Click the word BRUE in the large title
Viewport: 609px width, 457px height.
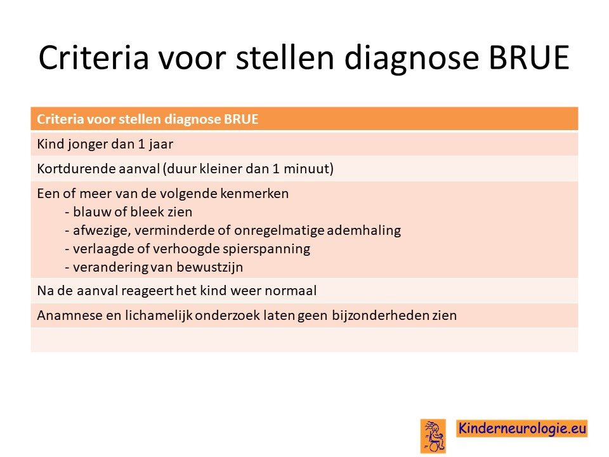(x=528, y=58)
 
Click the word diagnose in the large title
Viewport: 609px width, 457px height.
(x=412, y=59)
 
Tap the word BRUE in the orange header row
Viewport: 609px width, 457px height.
(x=241, y=119)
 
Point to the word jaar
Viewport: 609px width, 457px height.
(x=160, y=145)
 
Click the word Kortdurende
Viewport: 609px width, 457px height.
(x=70, y=169)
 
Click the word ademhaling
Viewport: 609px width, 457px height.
(x=364, y=230)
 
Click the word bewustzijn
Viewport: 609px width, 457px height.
(x=210, y=268)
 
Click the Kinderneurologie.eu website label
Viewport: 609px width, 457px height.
(x=521, y=428)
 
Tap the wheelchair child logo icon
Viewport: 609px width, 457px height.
(x=433, y=436)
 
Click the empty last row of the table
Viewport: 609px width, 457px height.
(x=304, y=340)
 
